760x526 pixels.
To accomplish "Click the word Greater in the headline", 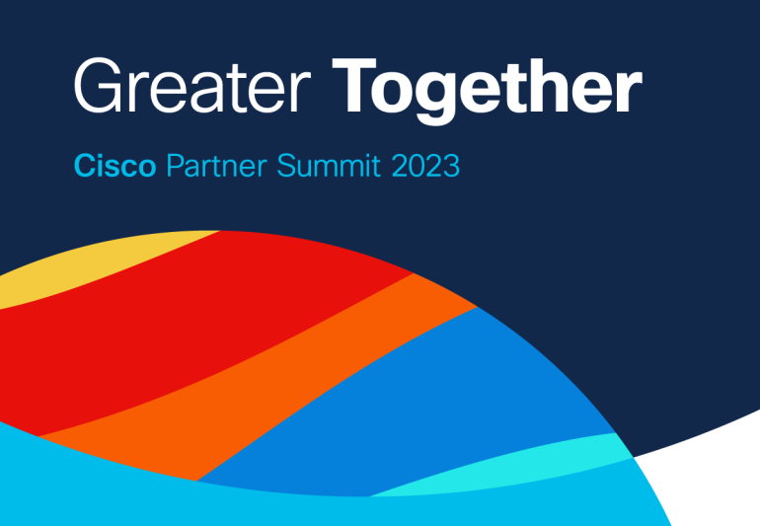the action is coord(191,86).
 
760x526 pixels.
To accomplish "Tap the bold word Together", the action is coord(487,91).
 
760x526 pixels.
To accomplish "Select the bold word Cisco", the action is coord(114,166).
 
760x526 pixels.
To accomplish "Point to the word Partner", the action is coord(216,166).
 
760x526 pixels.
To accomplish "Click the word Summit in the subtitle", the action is coord(329,166).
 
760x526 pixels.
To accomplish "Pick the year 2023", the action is coord(425,166).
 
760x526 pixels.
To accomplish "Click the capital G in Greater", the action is coord(98,86).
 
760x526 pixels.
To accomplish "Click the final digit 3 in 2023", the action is coord(452,166).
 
